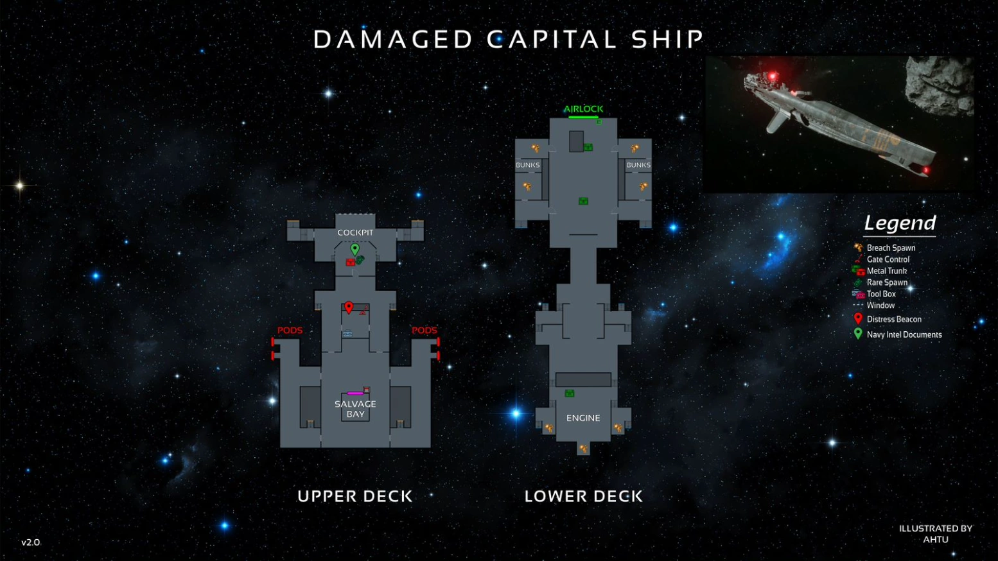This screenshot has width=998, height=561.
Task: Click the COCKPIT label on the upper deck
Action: coord(355,232)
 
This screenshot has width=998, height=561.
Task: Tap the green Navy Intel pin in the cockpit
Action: coord(355,248)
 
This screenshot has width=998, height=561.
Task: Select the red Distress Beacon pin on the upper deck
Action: coord(349,307)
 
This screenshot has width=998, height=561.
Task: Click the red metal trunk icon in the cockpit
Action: coord(350,262)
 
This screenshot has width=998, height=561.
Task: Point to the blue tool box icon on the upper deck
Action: coord(347,334)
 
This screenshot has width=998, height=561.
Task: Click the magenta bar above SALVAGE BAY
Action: coord(355,393)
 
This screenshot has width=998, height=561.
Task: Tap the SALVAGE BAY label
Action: coord(355,409)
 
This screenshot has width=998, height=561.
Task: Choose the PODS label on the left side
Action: coord(290,331)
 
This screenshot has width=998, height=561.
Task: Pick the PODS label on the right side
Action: coord(424,331)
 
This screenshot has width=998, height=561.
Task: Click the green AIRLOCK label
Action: coord(583,109)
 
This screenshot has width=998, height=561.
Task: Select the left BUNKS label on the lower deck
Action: coord(527,165)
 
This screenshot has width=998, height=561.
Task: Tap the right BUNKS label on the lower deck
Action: coord(638,165)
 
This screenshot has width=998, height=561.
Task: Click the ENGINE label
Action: coord(583,418)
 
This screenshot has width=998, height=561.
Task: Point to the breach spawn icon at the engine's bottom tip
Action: coord(583,449)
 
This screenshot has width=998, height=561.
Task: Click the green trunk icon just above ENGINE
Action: coord(569,393)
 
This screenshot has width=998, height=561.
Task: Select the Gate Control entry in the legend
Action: coord(888,259)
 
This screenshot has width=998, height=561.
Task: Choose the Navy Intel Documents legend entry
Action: coord(904,334)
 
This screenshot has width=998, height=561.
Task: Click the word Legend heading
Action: coord(900,223)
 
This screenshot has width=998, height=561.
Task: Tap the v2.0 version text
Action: coord(30,542)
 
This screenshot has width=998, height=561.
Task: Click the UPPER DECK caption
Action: coord(355,496)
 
